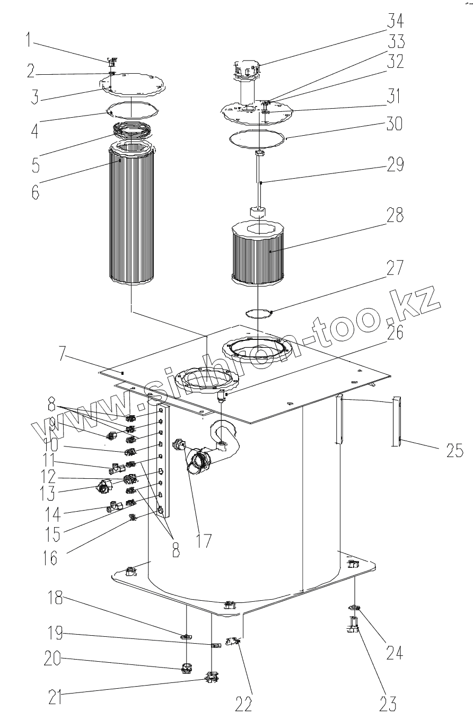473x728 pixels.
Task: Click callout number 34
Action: [x=395, y=22]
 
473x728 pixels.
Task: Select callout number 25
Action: [x=454, y=452]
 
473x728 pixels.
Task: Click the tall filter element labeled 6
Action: [x=131, y=223]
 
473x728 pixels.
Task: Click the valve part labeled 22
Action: [x=232, y=643]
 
